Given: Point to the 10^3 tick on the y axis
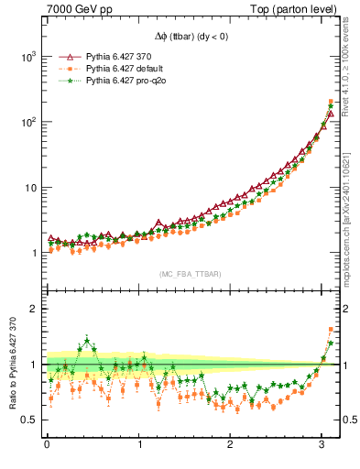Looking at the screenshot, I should click(x=28, y=56).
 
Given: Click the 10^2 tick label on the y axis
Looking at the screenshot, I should click(x=28, y=122).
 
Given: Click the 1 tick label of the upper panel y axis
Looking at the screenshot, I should click(x=34, y=254).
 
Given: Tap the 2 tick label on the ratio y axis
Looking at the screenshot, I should click(x=34, y=309).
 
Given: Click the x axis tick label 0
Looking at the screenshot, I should click(x=47, y=447).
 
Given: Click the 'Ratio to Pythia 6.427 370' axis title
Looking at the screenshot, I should click(x=12, y=366).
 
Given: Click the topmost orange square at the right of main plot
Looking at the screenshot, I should click(x=330, y=101).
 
